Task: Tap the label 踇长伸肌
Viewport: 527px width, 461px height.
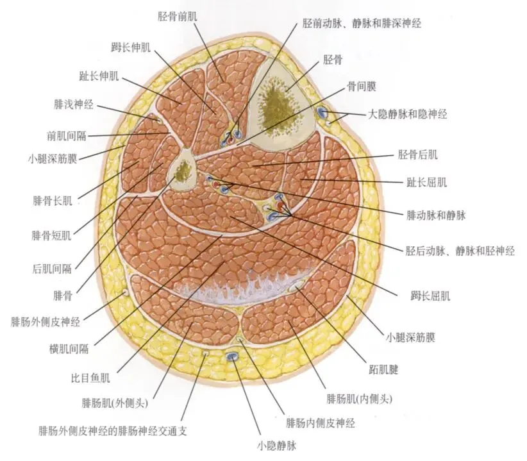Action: pos(130,46)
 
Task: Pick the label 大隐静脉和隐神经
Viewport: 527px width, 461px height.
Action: pos(407,114)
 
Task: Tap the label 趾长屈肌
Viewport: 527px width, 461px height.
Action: pos(426,182)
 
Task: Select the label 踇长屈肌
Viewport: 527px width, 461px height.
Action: pos(431,296)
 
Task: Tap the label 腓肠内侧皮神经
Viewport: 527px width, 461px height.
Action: pos(320,423)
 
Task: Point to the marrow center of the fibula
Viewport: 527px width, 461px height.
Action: pos(182,170)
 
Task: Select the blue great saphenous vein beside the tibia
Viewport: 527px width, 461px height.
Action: pos(321,113)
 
